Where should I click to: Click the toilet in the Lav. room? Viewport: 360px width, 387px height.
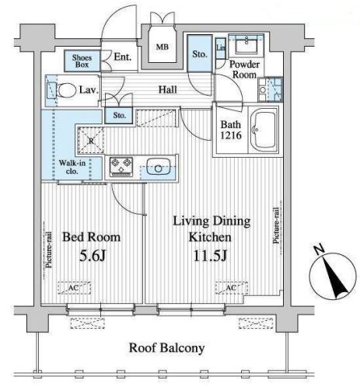[x=67, y=90]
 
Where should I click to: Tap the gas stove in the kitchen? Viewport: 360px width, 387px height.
[x=121, y=166]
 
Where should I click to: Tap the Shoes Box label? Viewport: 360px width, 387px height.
[x=82, y=61]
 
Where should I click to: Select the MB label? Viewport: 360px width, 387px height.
[x=163, y=47]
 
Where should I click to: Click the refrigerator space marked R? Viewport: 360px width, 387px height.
[x=91, y=141]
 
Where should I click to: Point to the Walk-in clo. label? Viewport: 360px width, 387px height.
[x=72, y=167]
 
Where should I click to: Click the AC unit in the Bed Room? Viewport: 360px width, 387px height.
[x=74, y=288]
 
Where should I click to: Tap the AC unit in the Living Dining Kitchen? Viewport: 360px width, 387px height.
[x=232, y=288]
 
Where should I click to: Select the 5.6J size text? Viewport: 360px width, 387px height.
[x=93, y=256]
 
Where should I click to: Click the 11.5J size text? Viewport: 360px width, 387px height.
[x=210, y=256]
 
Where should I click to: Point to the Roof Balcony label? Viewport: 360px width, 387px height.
[x=167, y=347]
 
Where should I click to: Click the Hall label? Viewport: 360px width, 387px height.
[x=168, y=89]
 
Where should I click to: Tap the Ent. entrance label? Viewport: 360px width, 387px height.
[x=123, y=57]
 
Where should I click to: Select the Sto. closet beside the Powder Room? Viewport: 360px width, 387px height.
[x=200, y=54]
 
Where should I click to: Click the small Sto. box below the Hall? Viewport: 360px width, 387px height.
[x=119, y=115]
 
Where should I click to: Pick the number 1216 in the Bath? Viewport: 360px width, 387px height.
[x=231, y=135]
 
